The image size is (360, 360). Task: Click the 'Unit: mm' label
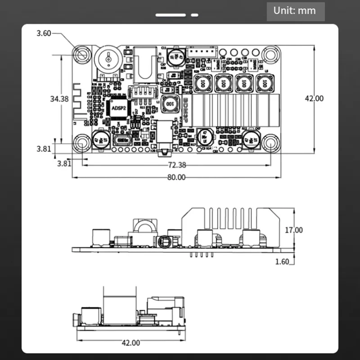(296, 11)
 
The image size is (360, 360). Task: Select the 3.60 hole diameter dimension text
(44, 33)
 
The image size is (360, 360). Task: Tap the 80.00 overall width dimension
(176, 177)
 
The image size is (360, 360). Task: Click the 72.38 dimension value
(176, 165)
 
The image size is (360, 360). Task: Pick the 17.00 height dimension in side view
(293, 230)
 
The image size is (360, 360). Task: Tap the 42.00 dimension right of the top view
(313, 98)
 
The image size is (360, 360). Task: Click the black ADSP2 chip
(118, 108)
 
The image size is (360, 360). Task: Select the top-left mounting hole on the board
(82, 54)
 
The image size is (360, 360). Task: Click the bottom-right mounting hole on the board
(271, 144)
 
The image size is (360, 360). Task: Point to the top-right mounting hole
(271, 55)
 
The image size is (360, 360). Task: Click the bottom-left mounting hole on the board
(82, 144)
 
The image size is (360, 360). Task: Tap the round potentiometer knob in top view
(107, 59)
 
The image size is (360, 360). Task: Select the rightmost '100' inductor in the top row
(263, 83)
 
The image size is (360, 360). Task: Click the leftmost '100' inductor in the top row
(203, 83)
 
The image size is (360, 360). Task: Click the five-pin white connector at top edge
(201, 52)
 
